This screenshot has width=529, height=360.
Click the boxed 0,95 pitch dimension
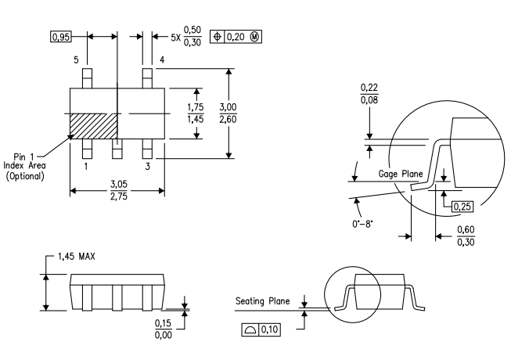click(x=59, y=37)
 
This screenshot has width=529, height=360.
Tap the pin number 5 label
click(x=77, y=60)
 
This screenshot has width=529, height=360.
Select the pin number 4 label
click(x=161, y=60)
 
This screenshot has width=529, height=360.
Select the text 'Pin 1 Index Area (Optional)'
click(x=27, y=166)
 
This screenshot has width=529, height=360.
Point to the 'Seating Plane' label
click(x=263, y=301)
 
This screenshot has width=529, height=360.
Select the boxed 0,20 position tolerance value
click(x=236, y=37)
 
